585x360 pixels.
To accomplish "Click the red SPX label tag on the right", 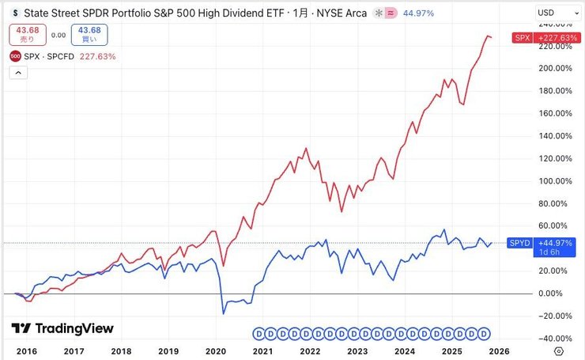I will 521,37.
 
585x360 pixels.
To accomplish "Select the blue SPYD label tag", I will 519,243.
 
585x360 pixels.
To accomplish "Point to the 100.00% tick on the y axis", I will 554,181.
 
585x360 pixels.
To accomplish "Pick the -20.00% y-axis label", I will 553,316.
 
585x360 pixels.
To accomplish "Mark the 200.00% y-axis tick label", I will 554,68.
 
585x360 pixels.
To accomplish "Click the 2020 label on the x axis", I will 215,350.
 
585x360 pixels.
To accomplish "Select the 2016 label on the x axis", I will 26,350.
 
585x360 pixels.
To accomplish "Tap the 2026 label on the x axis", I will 499,350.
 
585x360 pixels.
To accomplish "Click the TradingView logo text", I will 62,328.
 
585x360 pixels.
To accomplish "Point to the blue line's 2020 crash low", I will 223,313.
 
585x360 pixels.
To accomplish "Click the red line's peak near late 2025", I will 487,36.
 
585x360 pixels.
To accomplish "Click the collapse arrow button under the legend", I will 20,73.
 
